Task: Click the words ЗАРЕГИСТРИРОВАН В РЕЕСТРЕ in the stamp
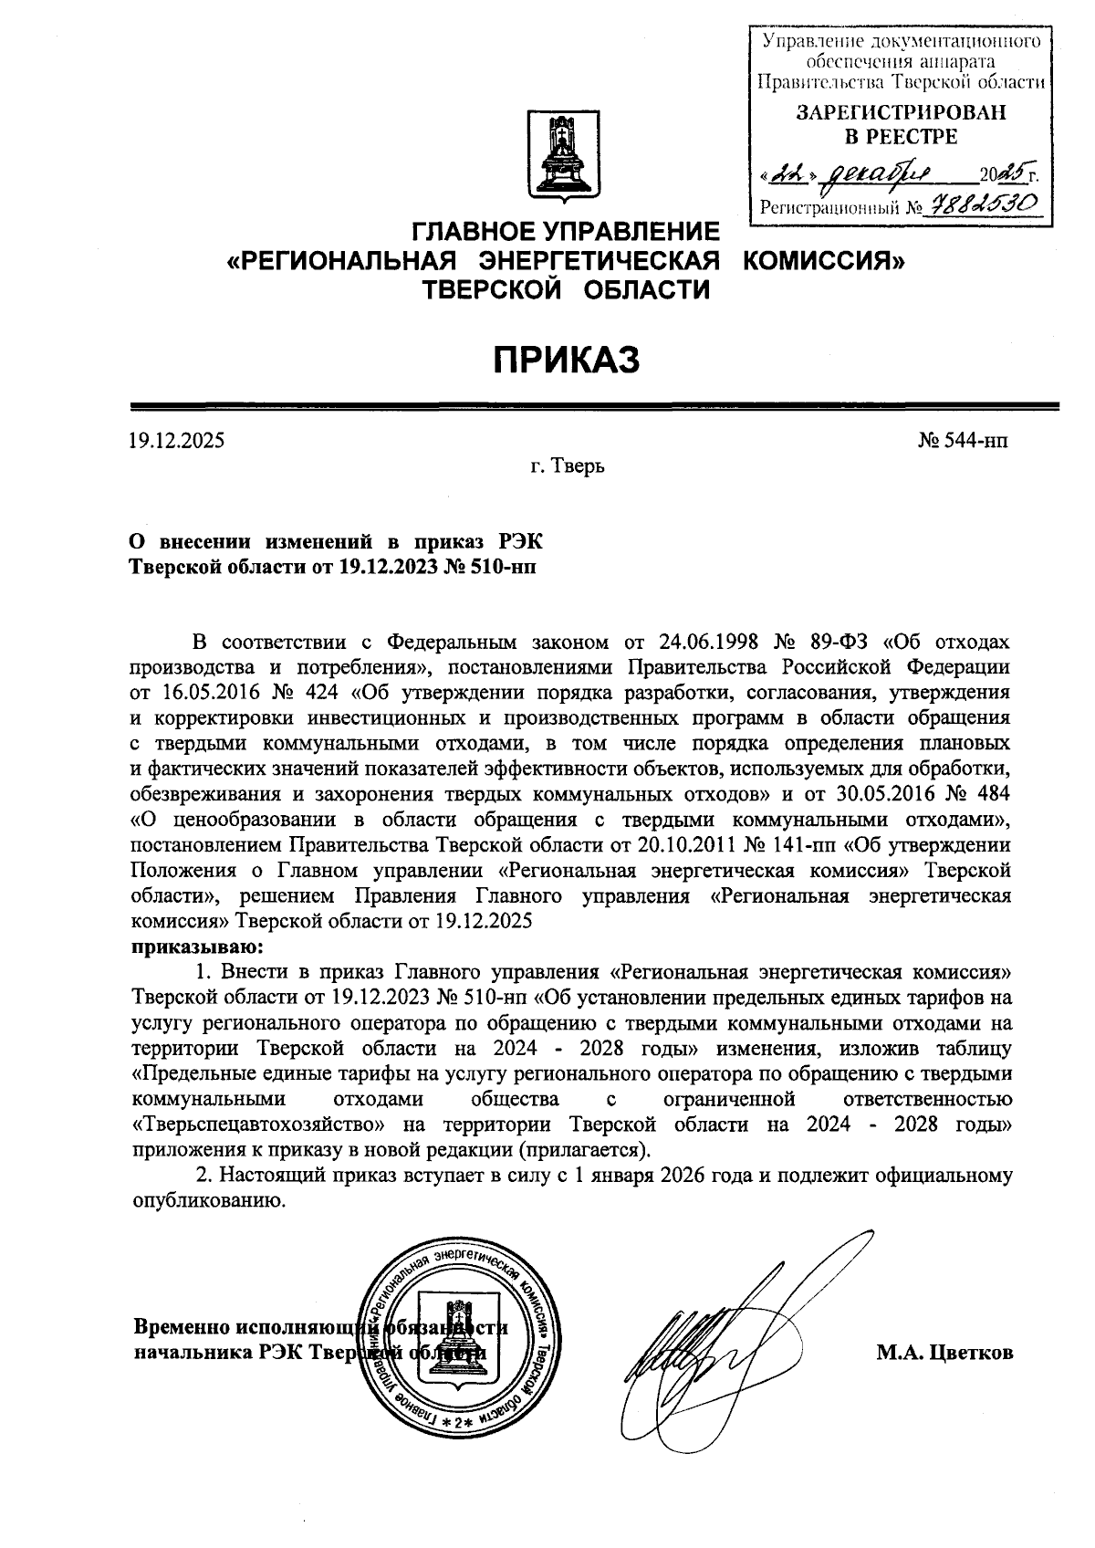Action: pyautogui.click(x=898, y=125)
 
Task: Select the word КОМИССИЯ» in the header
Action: pyautogui.click(x=823, y=262)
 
